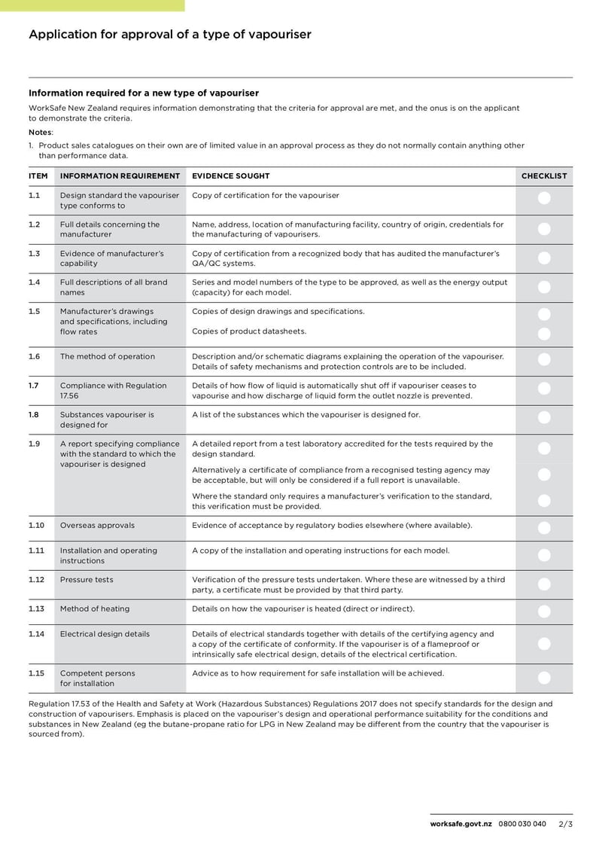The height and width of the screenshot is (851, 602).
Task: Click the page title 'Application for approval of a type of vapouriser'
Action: click(169, 34)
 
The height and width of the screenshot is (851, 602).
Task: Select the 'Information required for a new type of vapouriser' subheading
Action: click(144, 93)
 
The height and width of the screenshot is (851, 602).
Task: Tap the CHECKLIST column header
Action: click(544, 176)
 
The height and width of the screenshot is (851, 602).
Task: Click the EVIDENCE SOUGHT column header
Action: click(230, 176)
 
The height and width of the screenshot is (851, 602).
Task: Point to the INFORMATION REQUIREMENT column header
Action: click(120, 176)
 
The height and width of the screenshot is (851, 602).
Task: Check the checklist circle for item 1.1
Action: click(545, 199)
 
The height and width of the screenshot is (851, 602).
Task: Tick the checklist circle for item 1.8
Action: click(545, 418)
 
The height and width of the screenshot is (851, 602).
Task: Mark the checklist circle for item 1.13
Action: click(545, 612)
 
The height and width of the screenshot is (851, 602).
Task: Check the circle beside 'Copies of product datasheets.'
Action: click(545, 333)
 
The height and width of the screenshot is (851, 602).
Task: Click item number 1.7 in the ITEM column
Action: click(34, 386)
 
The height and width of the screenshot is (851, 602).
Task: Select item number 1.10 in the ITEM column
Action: click(36, 525)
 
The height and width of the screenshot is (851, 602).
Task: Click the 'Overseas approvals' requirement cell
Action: click(97, 525)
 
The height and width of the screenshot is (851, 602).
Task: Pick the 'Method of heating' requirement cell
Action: click(94, 609)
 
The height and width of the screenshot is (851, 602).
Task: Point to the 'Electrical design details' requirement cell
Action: click(105, 634)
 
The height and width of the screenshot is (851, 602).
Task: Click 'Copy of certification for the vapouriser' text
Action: click(266, 195)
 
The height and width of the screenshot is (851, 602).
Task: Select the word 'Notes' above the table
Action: click(40, 132)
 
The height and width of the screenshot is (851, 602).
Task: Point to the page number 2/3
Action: click(566, 824)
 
